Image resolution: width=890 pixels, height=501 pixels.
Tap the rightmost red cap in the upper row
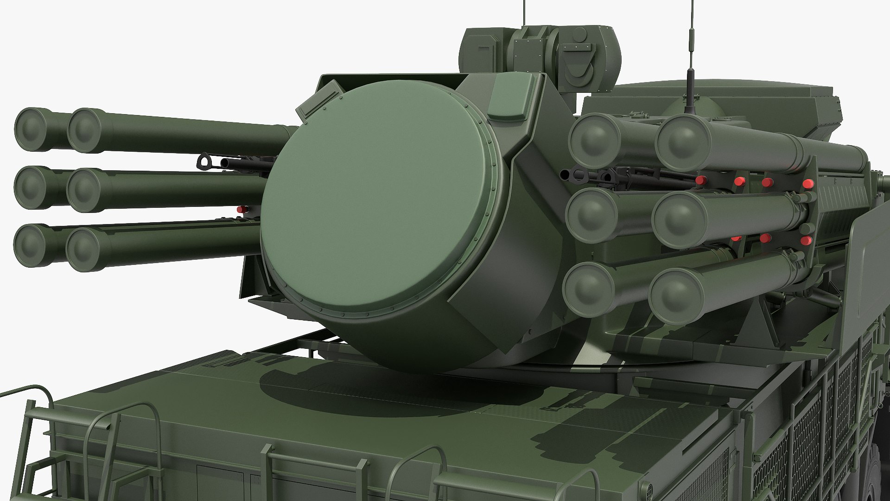[x=807, y=184]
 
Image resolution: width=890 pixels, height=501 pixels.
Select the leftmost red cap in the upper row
[x=701, y=180]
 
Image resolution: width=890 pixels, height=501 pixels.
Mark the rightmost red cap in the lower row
[x=806, y=240]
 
